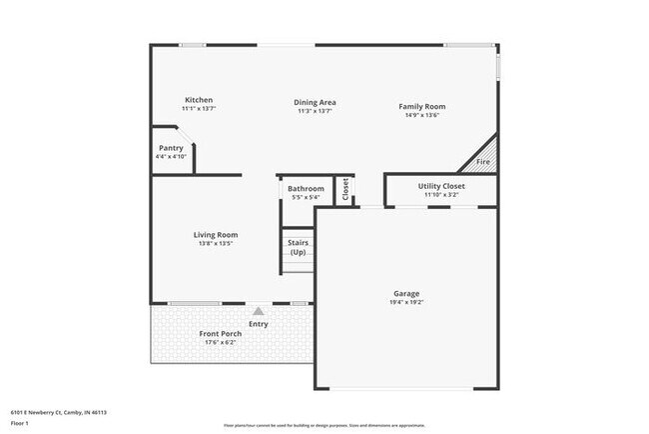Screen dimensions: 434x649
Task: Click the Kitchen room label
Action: pyautogui.click(x=199, y=100)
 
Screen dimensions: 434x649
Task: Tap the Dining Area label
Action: pyautogui.click(x=315, y=102)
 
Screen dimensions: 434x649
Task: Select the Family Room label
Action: pyautogui.click(x=422, y=106)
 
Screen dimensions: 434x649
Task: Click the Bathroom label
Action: pyautogui.click(x=306, y=188)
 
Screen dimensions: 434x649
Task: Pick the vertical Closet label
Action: pyautogui.click(x=345, y=189)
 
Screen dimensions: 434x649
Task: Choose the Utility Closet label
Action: pyautogui.click(x=440, y=186)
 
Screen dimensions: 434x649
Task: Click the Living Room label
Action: pyautogui.click(x=215, y=235)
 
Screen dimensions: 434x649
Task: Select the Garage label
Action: pyautogui.click(x=406, y=294)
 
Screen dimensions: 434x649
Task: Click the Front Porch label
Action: pyautogui.click(x=220, y=333)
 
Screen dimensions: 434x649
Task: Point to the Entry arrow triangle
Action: pyautogui.click(x=259, y=312)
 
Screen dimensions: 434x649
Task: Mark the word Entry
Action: pyautogui.click(x=259, y=323)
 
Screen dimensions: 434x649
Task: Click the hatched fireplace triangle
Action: pyautogui.click(x=483, y=156)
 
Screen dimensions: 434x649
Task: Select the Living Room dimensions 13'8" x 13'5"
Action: pyautogui.click(x=215, y=243)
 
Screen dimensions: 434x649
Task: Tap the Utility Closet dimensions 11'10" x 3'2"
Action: pyautogui.click(x=440, y=195)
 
